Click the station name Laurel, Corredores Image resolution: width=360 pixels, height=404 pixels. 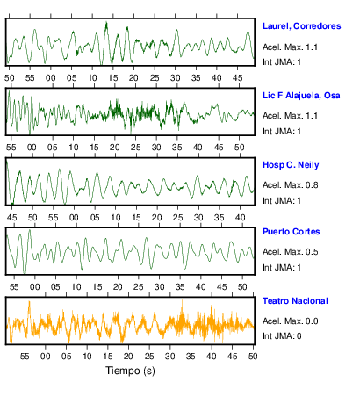pos(301,26)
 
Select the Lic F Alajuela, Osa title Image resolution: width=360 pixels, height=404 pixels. pos(301,96)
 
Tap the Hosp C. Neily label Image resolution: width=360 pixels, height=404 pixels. pos(291,165)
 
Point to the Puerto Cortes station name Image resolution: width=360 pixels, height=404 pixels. pos(291,232)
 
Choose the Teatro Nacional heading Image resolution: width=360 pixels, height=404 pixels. pos(295,301)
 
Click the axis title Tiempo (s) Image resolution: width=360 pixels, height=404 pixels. pos(130,371)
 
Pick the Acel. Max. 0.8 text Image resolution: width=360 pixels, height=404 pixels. pos(290,185)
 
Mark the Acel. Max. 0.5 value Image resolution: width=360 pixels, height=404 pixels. pos(290,252)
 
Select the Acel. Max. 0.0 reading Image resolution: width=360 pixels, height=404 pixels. pos(290,321)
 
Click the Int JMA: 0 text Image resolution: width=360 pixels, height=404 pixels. pos(282,336)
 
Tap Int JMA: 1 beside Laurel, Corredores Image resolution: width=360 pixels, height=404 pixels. pos(282,62)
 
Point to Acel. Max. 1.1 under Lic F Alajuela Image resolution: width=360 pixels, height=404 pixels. pos(290,116)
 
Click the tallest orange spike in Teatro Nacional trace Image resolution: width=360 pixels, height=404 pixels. pos(29,301)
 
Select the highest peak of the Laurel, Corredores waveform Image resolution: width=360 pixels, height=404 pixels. pos(106,22)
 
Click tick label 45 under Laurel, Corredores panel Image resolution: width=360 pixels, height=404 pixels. pos(237,78)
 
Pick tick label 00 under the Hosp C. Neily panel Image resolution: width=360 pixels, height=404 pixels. pos(74,218)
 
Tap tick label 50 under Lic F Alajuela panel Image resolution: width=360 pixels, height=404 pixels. pos(239,148)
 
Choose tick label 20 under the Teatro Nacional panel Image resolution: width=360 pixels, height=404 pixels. pos(128,357)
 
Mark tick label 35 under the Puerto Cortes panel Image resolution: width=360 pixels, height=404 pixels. pos(180,287)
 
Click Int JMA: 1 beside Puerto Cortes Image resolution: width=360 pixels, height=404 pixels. pos(282,268)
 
